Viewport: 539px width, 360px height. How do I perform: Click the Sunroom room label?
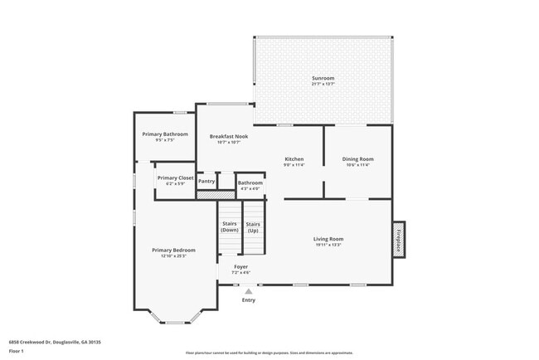(323, 78)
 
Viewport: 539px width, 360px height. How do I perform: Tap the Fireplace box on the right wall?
(399, 240)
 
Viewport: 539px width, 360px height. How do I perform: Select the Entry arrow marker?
(248, 291)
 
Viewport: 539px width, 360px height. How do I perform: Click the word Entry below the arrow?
(248, 299)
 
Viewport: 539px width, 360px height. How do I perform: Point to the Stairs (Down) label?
(230, 226)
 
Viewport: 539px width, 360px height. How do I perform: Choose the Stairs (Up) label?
(254, 226)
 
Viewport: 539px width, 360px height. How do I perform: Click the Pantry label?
(206, 181)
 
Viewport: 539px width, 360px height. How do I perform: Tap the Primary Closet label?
(175, 178)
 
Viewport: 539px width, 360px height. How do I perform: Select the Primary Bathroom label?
(164, 134)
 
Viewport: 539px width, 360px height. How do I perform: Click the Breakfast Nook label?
(228, 136)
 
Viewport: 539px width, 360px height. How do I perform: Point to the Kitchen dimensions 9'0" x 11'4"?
(294, 165)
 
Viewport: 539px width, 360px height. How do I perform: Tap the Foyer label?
(240, 266)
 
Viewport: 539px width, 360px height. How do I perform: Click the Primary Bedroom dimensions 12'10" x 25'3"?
(173, 256)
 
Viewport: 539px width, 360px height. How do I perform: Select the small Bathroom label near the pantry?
(250, 182)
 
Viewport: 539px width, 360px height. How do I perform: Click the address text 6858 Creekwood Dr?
(43, 341)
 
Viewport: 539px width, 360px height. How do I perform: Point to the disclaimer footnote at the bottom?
(269, 353)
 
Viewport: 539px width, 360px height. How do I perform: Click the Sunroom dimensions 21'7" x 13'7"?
(323, 85)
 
